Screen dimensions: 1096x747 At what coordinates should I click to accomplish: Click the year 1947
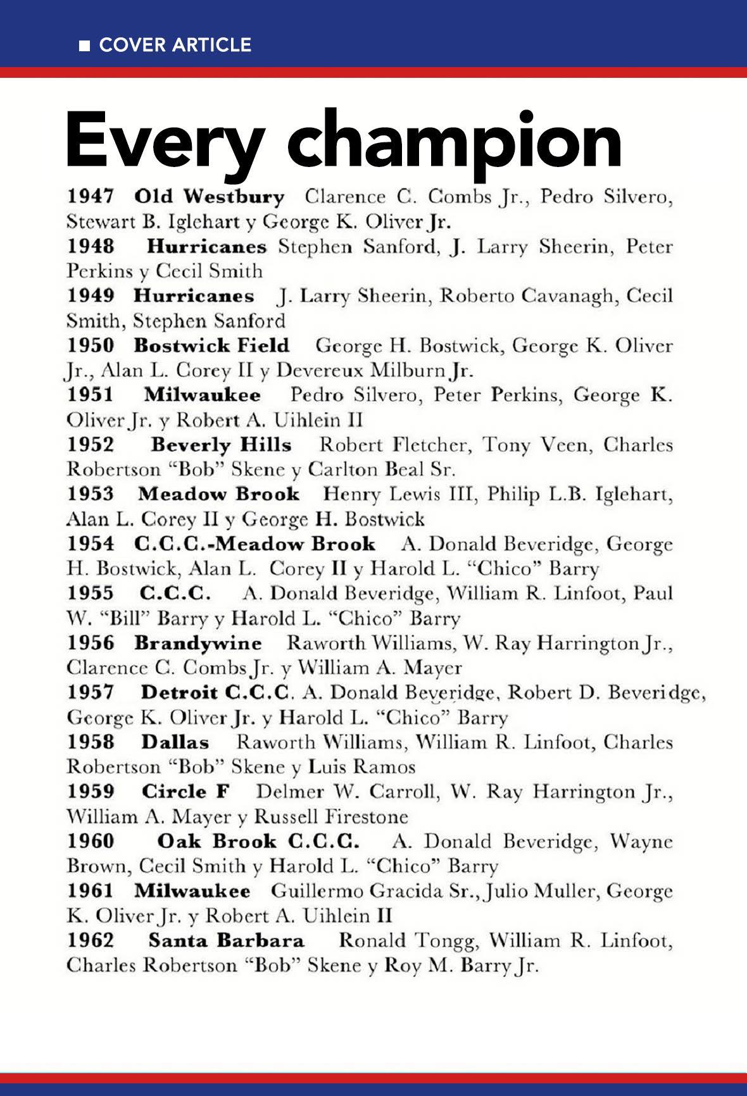pyautogui.click(x=91, y=197)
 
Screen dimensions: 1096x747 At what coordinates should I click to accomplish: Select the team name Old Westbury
pyautogui.click(x=210, y=197)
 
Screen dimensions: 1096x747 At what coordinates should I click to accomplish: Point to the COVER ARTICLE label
pyautogui.click(x=175, y=45)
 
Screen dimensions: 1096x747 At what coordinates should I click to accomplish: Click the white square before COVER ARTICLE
pyautogui.click(x=84, y=46)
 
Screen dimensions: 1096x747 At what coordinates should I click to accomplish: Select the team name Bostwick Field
pyautogui.click(x=211, y=346)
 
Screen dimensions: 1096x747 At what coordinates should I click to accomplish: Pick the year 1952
pyautogui.click(x=91, y=445)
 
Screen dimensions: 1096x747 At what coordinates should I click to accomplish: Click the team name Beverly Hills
pyautogui.click(x=221, y=445)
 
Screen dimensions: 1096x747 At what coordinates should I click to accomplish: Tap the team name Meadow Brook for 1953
pyautogui.click(x=219, y=494)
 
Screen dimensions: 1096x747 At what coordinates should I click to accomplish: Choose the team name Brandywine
pyautogui.click(x=198, y=643)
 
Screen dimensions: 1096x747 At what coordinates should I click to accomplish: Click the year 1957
pyautogui.click(x=91, y=692)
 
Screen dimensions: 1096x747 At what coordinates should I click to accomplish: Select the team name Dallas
pyautogui.click(x=175, y=742)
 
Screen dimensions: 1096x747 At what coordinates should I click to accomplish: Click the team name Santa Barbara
pyautogui.click(x=226, y=940)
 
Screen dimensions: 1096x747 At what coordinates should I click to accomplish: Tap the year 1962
pyautogui.click(x=91, y=940)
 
